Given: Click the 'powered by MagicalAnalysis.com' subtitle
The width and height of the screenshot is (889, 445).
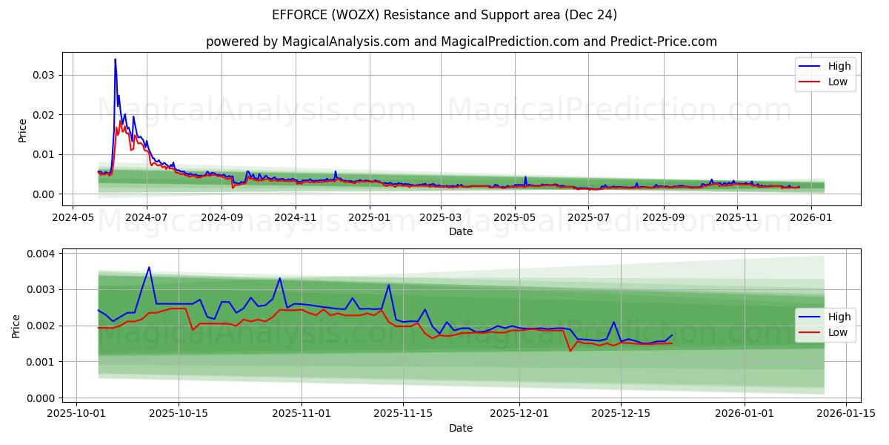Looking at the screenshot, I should click(461, 42).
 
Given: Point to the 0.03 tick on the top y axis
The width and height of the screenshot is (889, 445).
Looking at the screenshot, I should click(43, 75).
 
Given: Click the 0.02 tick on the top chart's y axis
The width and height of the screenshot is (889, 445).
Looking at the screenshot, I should click(43, 115).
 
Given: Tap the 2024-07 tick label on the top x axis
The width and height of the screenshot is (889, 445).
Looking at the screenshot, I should click(146, 218).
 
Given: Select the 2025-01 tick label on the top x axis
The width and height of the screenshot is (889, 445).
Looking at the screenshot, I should click(368, 218).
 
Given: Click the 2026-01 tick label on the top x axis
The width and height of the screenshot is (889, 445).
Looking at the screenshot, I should click(810, 218).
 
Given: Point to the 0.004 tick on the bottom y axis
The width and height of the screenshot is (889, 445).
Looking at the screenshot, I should click(40, 254).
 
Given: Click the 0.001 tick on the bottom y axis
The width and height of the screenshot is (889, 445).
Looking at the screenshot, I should click(40, 362).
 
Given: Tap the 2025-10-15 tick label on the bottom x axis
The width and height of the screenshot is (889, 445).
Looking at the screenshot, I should click(179, 412).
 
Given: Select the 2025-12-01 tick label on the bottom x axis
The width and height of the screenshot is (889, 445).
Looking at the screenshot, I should click(519, 412).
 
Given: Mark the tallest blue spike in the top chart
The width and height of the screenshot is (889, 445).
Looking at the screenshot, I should click(115, 59).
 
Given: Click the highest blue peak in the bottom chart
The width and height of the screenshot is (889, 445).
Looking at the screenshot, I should click(149, 267).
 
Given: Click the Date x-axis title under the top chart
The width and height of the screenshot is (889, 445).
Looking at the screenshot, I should click(461, 232).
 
